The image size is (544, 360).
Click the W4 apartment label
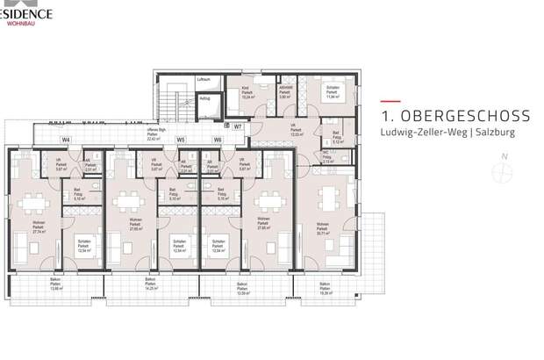click(66, 140)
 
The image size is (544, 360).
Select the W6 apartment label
click(218, 140)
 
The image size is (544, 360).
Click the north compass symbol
click(503, 172)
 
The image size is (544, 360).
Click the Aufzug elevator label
click(204, 98)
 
